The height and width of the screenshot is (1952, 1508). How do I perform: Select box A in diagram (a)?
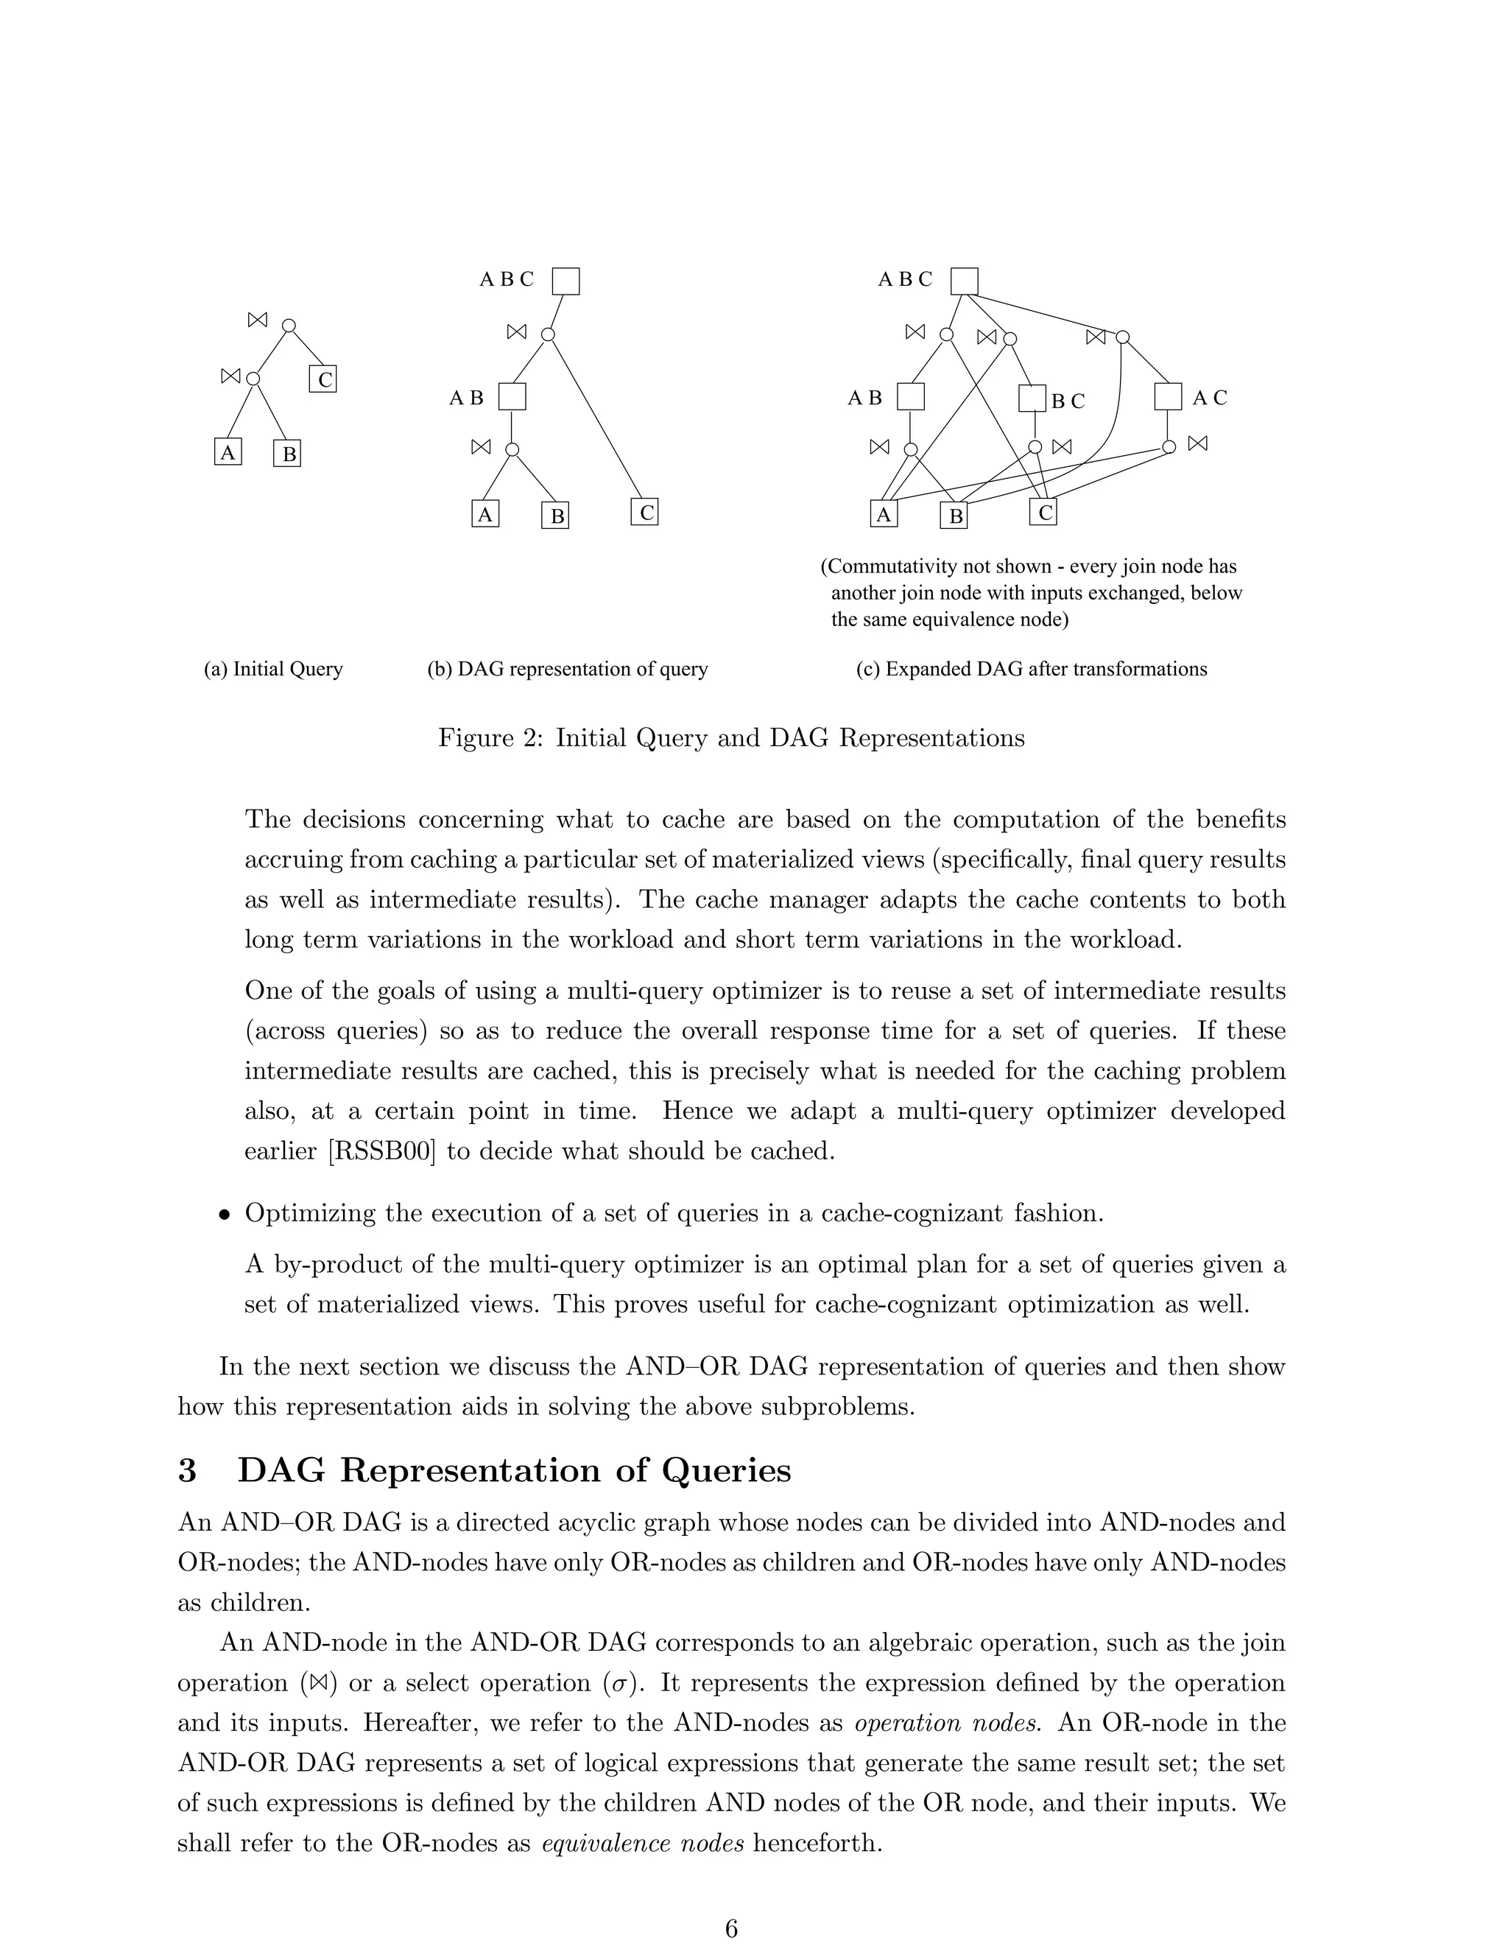[228, 452]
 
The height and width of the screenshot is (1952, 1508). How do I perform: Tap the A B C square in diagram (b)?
[565, 281]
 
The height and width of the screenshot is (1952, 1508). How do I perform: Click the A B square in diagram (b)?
[512, 397]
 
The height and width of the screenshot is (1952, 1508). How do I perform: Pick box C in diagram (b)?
[644, 512]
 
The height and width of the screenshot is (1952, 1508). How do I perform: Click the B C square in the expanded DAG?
[1032, 398]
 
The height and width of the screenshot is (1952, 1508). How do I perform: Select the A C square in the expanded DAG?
[1168, 397]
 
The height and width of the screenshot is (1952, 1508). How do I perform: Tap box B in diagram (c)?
[954, 516]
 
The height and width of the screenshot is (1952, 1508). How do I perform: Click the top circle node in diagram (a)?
[289, 326]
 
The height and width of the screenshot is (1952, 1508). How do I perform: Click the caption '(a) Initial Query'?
[273, 670]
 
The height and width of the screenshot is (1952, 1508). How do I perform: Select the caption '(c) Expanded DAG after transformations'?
[1031, 670]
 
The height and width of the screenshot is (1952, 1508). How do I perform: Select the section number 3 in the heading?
[187, 1470]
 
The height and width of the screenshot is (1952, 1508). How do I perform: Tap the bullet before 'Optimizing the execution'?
[225, 1215]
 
